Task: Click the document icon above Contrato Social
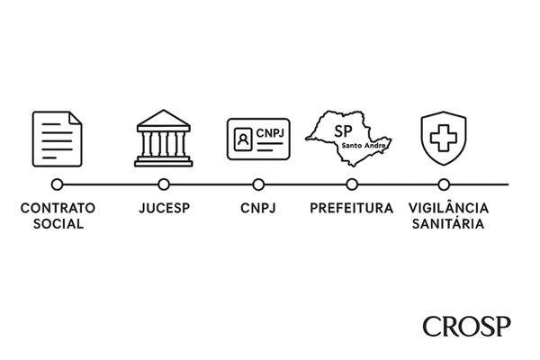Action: (x=58, y=139)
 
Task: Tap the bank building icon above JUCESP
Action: (x=164, y=139)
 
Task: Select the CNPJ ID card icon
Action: (x=259, y=139)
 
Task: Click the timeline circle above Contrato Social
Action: (x=58, y=184)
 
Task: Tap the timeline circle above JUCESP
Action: (x=164, y=184)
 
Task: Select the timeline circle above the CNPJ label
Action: (x=258, y=184)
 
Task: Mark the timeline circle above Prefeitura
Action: (x=351, y=184)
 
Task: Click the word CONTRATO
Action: (x=58, y=209)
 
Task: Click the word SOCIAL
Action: (x=58, y=223)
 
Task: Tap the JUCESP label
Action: (x=164, y=209)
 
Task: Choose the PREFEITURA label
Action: (x=351, y=209)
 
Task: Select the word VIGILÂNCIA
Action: (x=445, y=209)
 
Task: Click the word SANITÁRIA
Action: (x=445, y=223)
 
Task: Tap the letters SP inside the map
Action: (x=343, y=130)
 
